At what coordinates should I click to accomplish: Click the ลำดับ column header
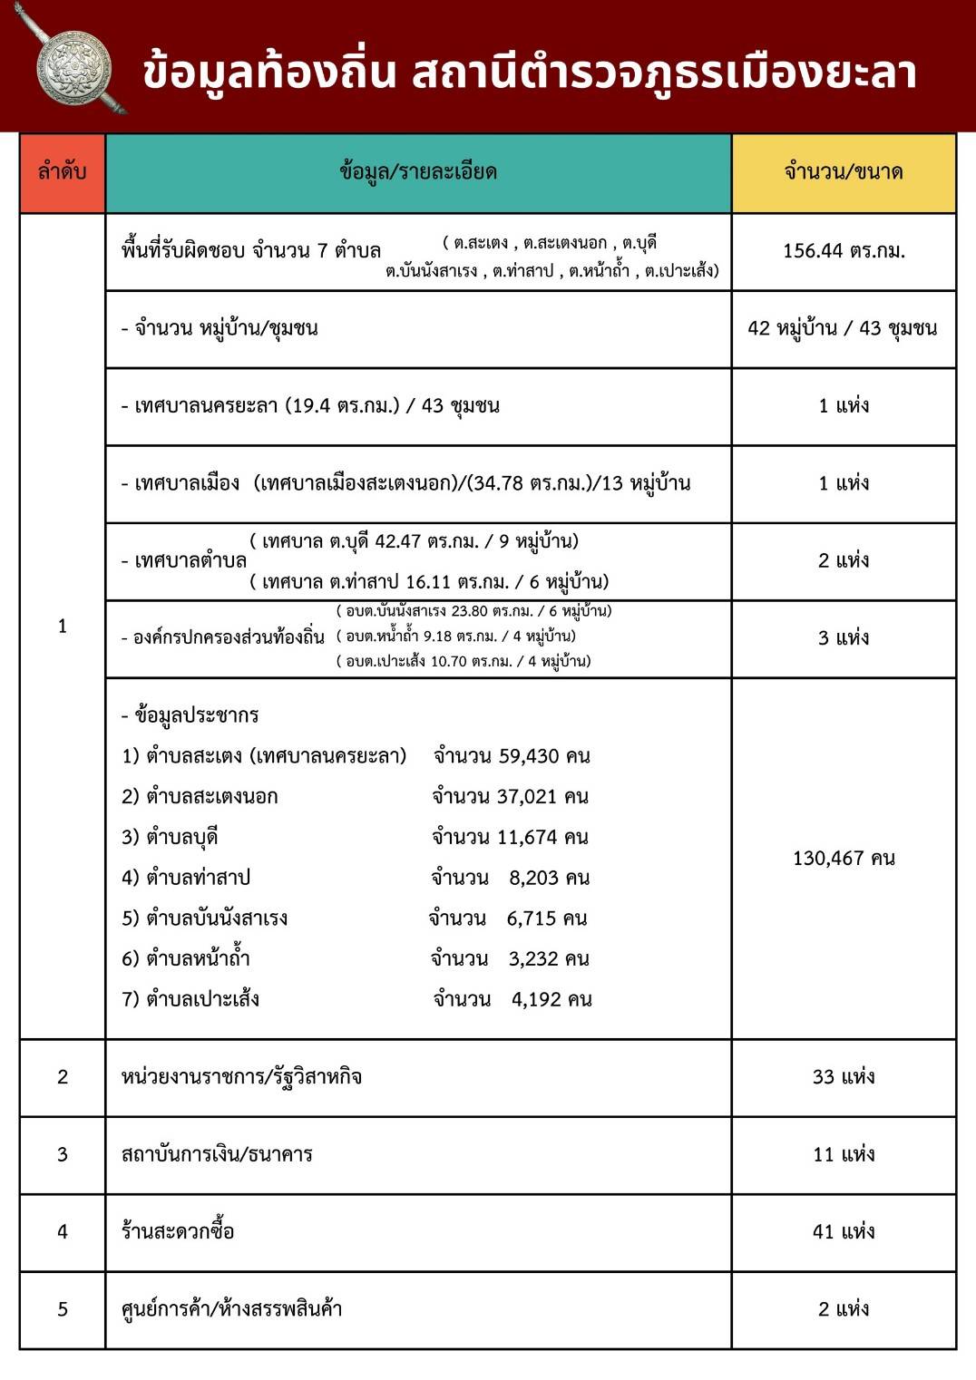(62, 171)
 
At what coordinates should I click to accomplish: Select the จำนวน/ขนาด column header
(843, 171)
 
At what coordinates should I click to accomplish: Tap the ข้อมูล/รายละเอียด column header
(418, 171)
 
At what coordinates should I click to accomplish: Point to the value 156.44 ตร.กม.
(844, 251)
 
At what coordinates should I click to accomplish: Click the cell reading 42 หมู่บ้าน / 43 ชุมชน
(843, 328)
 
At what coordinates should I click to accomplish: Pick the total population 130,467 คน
(844, 858)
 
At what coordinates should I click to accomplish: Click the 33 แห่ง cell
(844, 1077)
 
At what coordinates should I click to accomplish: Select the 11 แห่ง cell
(844, 1154)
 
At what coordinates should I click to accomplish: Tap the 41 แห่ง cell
(844, 1231)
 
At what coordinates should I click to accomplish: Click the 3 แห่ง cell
(844, 638)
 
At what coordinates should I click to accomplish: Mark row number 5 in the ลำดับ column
(63, 1309)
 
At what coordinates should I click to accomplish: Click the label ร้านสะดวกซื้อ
(178, 1231)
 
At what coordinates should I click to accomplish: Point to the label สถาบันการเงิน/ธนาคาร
(217, 1154)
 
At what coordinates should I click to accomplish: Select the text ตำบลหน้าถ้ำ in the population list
(198, 958)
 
